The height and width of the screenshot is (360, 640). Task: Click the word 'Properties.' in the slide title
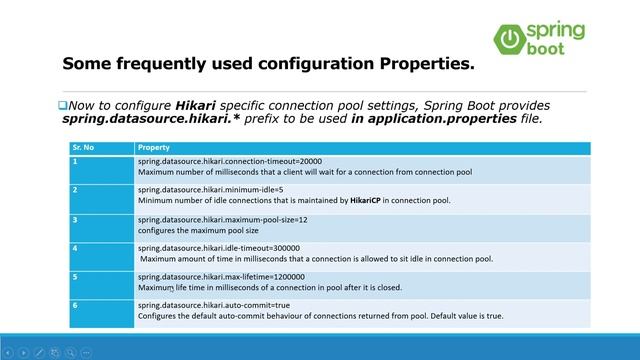coord(425,64)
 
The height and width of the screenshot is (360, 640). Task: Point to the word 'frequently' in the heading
coord(176,64)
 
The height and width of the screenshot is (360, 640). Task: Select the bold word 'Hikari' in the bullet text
coord(201,105)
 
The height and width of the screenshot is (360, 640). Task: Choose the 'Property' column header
coord(154,147)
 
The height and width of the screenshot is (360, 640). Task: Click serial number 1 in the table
coord(76,160)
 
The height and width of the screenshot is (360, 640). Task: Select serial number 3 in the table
coord(76,218)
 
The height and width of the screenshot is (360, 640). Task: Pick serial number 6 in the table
coord(76,305)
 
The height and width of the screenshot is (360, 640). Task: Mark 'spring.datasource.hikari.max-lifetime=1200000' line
coord(221,276)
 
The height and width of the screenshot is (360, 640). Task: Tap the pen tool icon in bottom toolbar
coord(38,352)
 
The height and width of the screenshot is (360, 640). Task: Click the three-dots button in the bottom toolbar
coord(86,352)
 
